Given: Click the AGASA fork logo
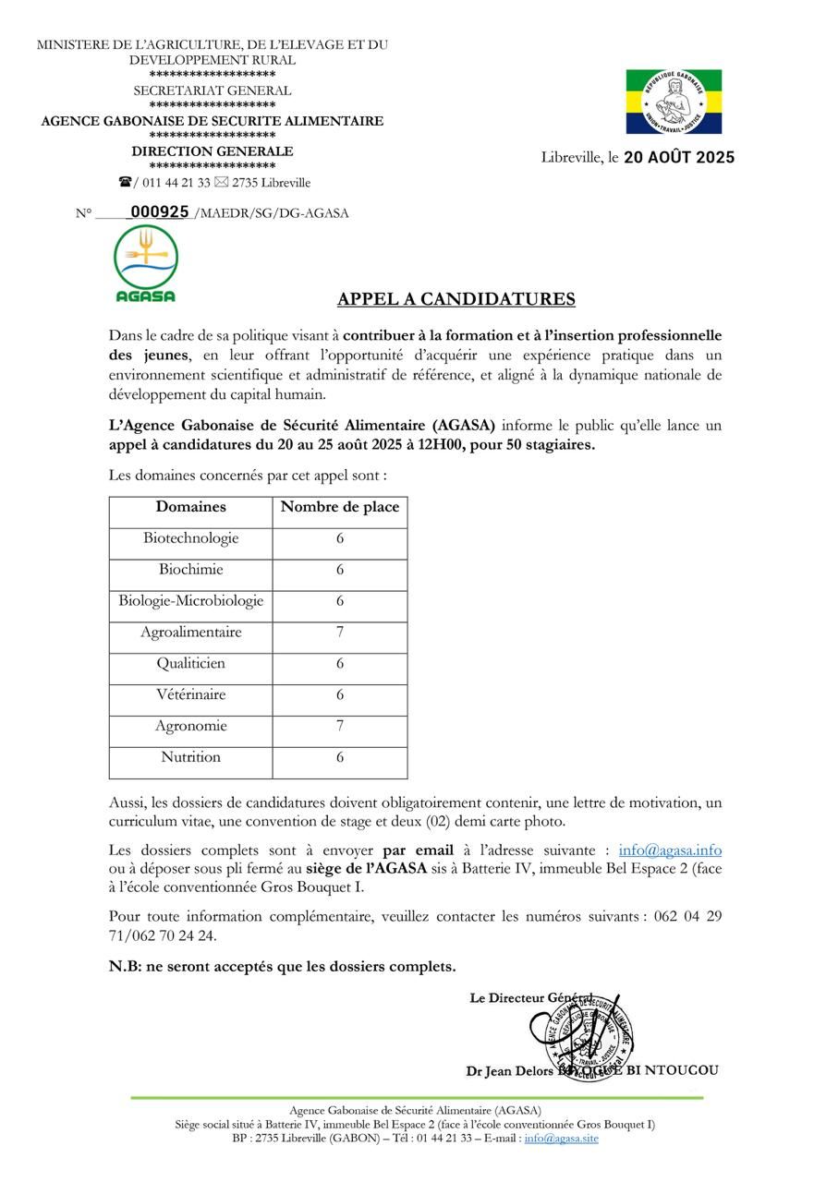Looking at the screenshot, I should coord(146,263).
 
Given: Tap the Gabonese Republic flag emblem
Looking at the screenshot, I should coord(674,102).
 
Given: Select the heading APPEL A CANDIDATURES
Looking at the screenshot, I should coord(456,299).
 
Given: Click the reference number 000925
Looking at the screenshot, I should coord(160,211).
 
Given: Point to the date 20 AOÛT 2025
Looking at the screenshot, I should coord(679,157).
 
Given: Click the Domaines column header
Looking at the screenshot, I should coord(190,507).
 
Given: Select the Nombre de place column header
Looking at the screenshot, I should coord(340,507).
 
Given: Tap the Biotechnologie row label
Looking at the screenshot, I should coord(190,538).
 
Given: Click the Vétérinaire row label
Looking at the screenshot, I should coord(190,694).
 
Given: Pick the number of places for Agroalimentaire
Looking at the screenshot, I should coord(340,633).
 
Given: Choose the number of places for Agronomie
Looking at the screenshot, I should coord(340,726).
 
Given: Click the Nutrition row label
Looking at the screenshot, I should coord(190,757).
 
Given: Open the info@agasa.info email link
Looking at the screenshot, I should coord(670,850).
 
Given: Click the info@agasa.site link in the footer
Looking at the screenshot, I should coord(561,1139).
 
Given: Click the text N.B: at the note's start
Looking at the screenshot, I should coord(124,967).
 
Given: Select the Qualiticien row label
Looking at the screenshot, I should coord(190,663).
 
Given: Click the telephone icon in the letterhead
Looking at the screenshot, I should coord(125,182).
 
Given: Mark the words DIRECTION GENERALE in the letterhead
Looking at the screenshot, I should coord(212,151).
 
